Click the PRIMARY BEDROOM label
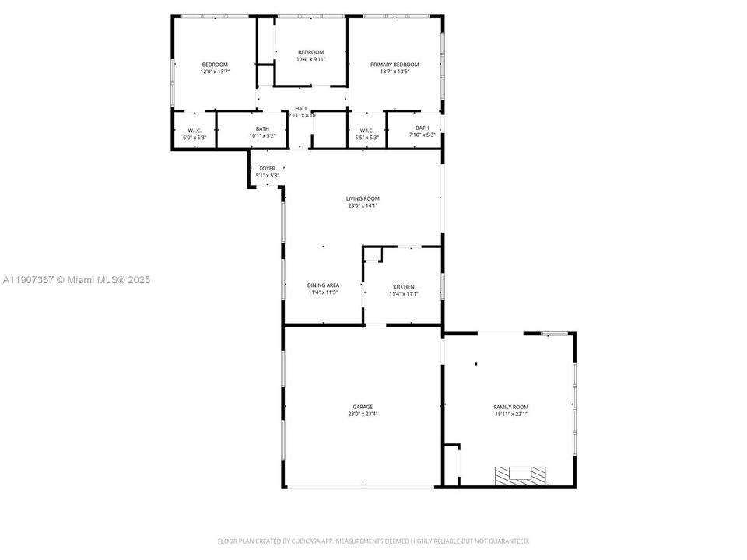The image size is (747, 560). (x=395, y=65)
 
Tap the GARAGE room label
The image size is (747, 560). (x=363, y=407)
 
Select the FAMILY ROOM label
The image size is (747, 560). (x=511, y=407)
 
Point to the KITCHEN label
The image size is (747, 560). (x=403, y=287)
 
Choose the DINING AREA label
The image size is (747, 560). (x=323, y=285)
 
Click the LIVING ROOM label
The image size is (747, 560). (x=363, y=198)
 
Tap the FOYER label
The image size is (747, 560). (x=268, y=168)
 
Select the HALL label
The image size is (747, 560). (x=301, y=109)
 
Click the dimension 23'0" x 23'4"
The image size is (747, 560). (x=363, y=414)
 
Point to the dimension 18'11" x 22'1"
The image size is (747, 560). (x=511, y=414)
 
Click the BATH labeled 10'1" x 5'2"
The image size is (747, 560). (x=262, y=129)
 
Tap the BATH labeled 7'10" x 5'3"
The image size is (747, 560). (x=422, y=128)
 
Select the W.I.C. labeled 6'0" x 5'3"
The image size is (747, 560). (x=195, y=131)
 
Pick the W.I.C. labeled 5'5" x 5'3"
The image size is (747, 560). (x=366, y=131)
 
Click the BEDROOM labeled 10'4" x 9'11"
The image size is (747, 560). (x=310, y=52)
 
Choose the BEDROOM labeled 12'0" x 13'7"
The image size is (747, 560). (x=215, y=65)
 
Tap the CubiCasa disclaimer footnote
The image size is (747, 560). (x=373, y=541)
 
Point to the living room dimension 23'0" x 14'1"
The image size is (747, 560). (x=363, y=205)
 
